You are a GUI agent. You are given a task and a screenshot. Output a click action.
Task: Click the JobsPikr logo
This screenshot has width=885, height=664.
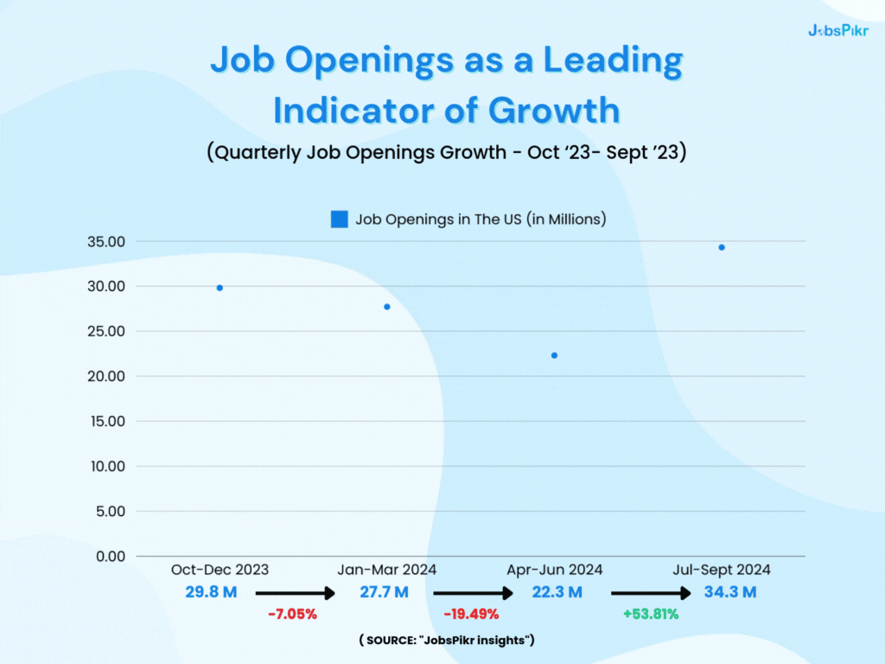point(837,30)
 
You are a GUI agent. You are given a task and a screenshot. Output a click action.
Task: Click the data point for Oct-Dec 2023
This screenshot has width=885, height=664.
point(220,288)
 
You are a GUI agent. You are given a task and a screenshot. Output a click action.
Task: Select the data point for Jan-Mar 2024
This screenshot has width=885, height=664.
point(387,307)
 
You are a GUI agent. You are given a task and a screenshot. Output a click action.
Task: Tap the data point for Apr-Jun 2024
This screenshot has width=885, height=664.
point(554,355)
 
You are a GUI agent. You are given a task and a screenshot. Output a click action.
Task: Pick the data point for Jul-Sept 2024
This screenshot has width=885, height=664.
point(722,247)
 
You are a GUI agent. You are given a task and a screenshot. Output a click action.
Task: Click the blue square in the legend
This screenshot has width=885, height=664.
point(340,220)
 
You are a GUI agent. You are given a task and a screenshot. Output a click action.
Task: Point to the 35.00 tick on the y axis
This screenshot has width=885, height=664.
point(106,241)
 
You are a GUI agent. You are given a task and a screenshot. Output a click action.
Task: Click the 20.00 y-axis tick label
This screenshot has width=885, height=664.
point(106,376)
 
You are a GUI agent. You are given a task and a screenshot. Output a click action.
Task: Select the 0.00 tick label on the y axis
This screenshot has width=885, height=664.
point(110,556)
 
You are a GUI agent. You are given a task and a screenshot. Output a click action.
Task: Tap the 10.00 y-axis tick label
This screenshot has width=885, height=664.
point(106,466)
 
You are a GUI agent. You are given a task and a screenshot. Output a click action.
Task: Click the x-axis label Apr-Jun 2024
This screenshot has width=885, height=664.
point(554,570)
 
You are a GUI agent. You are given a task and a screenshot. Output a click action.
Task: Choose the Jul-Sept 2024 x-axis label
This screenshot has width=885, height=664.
point(722,570)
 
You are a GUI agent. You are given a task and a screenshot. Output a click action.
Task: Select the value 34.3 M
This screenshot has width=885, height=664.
point(730,592)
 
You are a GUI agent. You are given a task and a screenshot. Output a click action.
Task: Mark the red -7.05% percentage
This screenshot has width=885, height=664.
point(292,615)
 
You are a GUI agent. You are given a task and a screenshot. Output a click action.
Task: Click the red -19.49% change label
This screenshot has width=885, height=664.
point(470,615)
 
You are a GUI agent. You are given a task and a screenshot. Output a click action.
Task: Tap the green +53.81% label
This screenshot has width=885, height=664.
point(650,615)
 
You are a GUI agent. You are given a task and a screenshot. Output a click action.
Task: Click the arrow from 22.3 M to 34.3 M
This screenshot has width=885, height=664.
point(650,594)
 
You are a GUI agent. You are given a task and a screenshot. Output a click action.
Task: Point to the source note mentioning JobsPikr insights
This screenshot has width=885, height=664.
point(447,640)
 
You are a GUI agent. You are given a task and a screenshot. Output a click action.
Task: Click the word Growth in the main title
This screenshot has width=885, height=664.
point(554,111)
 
